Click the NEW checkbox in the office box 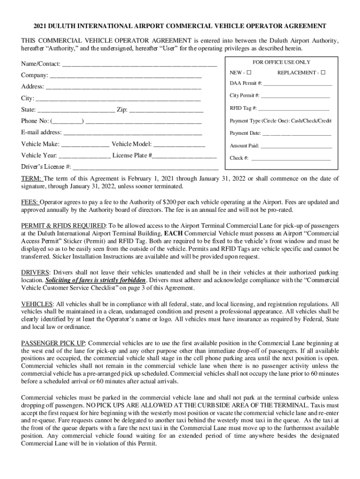[x=249, y=73]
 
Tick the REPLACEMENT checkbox [x=323, y=73]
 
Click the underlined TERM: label [x=31, y=179]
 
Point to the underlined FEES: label [x=29, y=202]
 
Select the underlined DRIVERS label [x=35, y=272]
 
